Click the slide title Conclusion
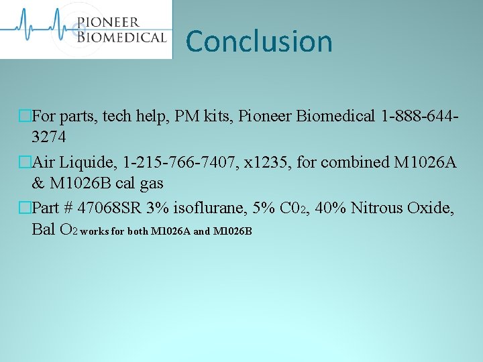[259, 41]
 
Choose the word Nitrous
[377, 208]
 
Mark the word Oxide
[433, 208]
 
